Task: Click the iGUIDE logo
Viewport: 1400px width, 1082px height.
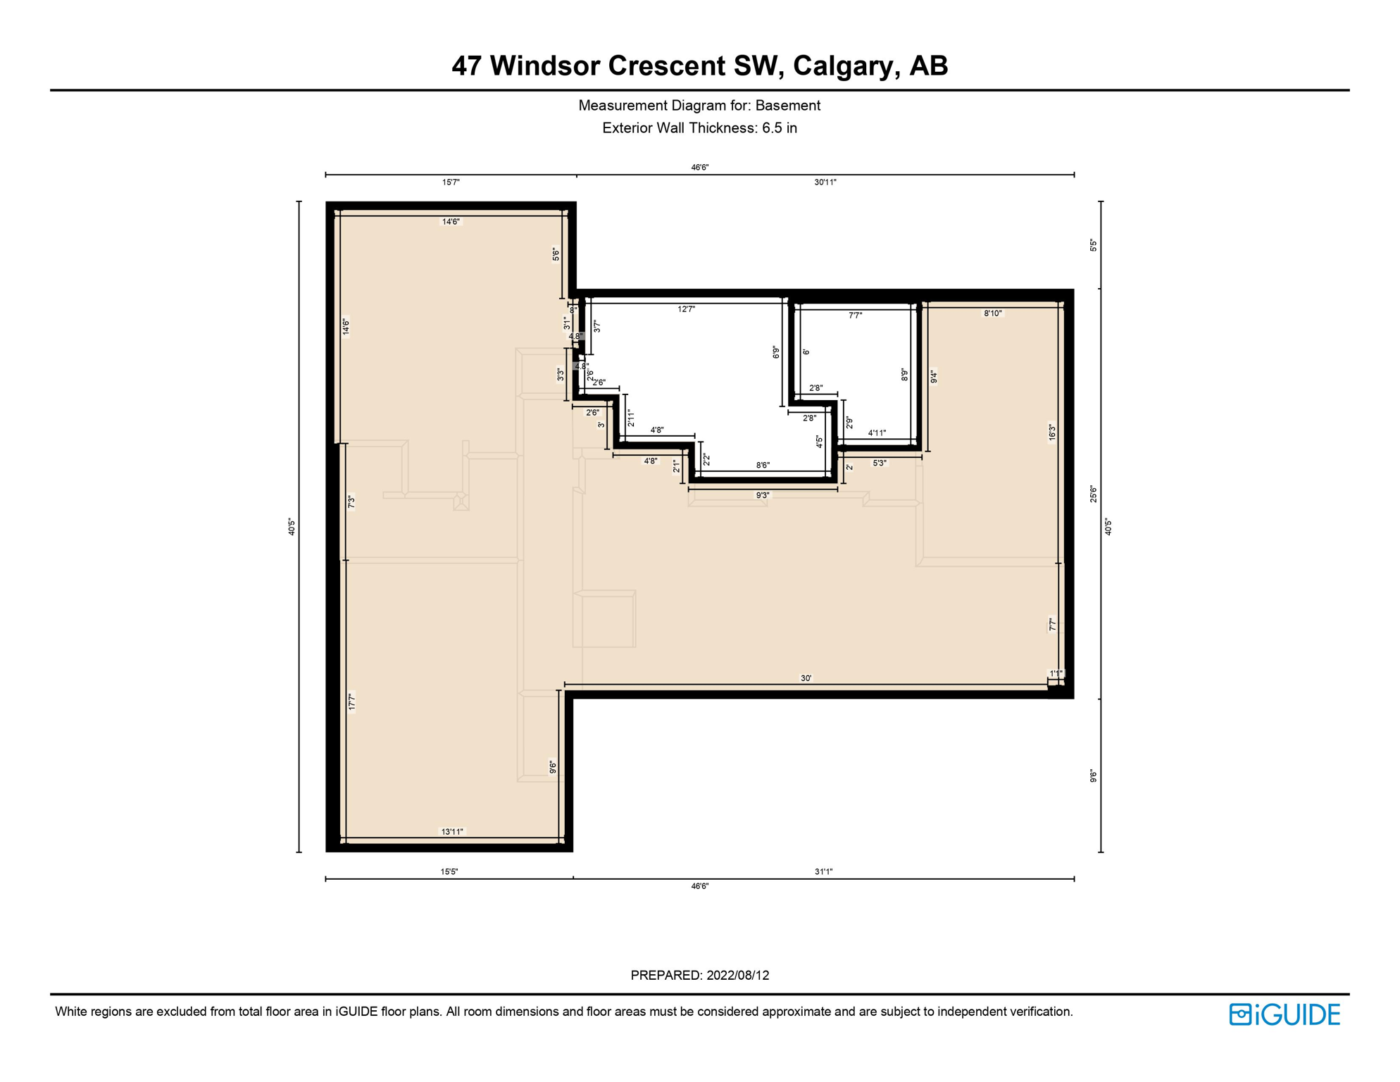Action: coord(1285,1014)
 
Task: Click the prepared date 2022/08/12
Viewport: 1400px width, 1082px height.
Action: coord(737,976)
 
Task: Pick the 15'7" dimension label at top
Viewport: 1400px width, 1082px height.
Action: coord(451,182)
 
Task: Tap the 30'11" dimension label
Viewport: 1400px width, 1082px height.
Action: coord(825,182)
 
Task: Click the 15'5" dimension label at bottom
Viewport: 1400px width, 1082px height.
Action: coord(449,872)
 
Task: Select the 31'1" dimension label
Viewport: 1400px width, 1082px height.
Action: coord(824,872)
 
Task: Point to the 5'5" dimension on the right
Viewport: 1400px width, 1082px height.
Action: coord(1094,245)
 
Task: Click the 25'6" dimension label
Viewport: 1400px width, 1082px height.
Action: coord(1094,494)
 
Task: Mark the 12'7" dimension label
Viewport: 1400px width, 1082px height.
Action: coord(687,309)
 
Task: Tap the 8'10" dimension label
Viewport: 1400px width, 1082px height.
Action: coord(993,313)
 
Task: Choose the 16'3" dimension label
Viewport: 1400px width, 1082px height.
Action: coord(1052,432)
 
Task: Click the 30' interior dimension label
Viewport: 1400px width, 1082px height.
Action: coord(806,678)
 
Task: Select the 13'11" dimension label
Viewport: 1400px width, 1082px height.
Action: coord(452,832)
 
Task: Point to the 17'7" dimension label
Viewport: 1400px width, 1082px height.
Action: coord(351,702)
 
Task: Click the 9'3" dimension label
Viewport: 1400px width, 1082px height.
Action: coord(763,495)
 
